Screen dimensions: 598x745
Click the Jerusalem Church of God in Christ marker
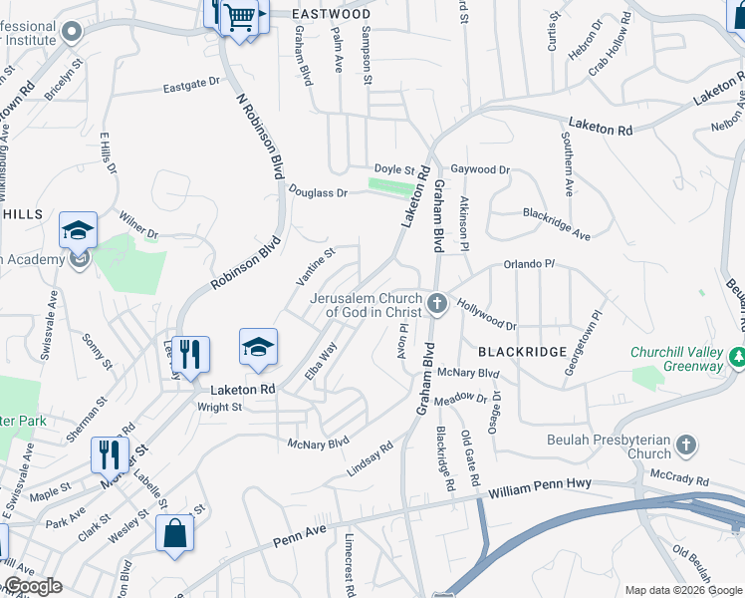(x=436, y=302)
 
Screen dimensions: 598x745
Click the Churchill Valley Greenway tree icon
(x=737, y=356)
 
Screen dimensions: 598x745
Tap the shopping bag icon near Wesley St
(x=175, y=532)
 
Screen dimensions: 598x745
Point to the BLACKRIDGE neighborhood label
(x=522, y=352)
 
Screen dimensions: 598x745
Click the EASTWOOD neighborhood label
(x=332, y=14)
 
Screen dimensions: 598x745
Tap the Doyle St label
(x=393, y=169)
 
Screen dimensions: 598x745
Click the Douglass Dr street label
(x=318, y=190)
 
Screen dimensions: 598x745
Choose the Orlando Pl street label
(x=528, y=264)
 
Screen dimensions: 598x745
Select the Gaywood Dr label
(x=479, y=170)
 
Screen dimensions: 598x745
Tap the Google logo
(x=32, y=586)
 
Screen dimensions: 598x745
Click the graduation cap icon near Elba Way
(x=258, y=349)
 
